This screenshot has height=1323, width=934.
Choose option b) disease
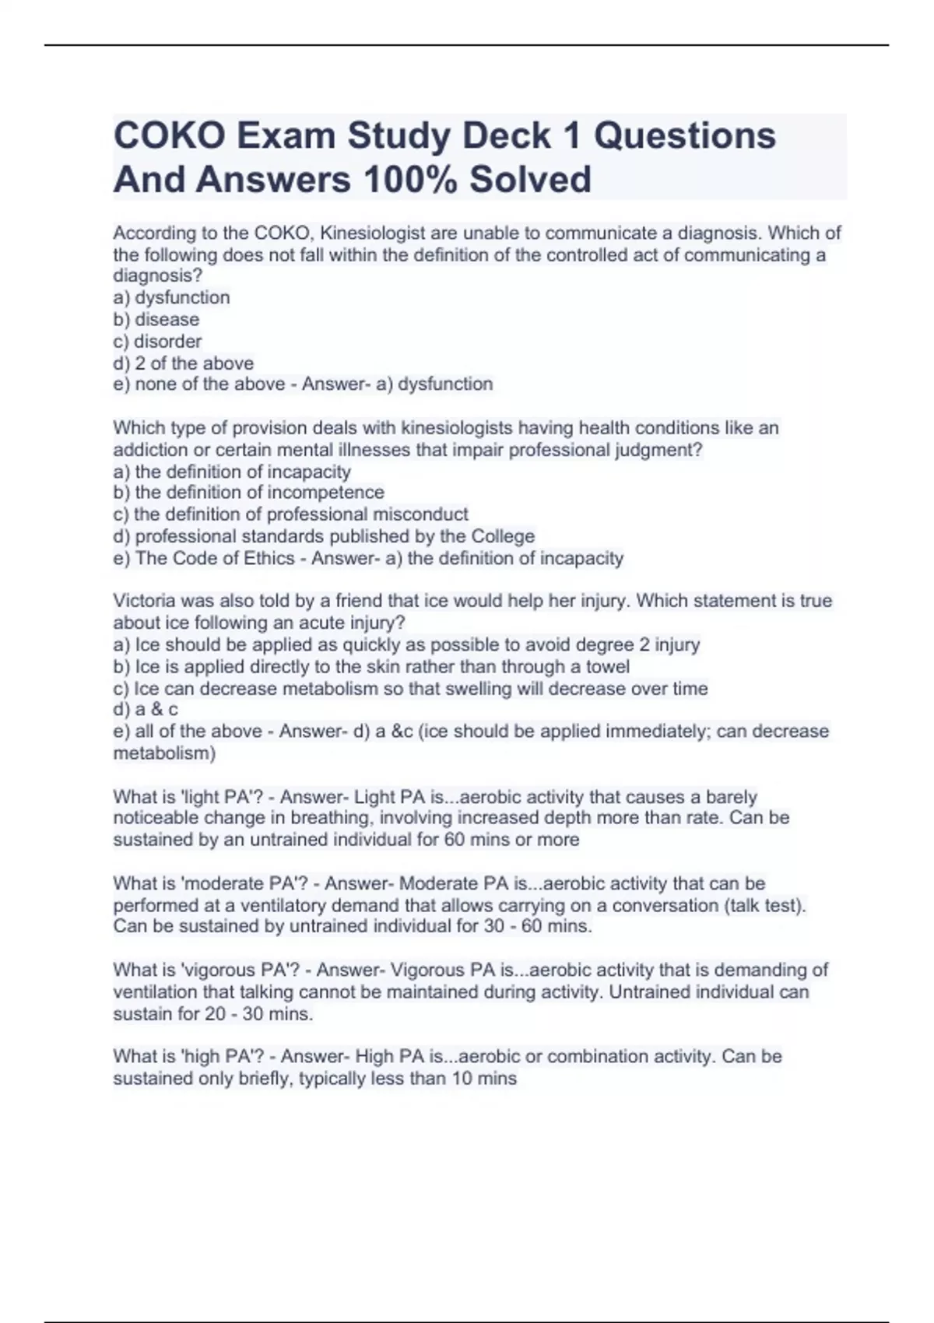pos(156,319)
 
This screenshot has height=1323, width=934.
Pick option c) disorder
pos(157,341)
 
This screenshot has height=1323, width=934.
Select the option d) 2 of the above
pos(184,363)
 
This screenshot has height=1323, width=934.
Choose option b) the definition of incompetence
pos(249,493)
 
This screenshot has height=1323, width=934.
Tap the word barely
pos(731,797)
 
